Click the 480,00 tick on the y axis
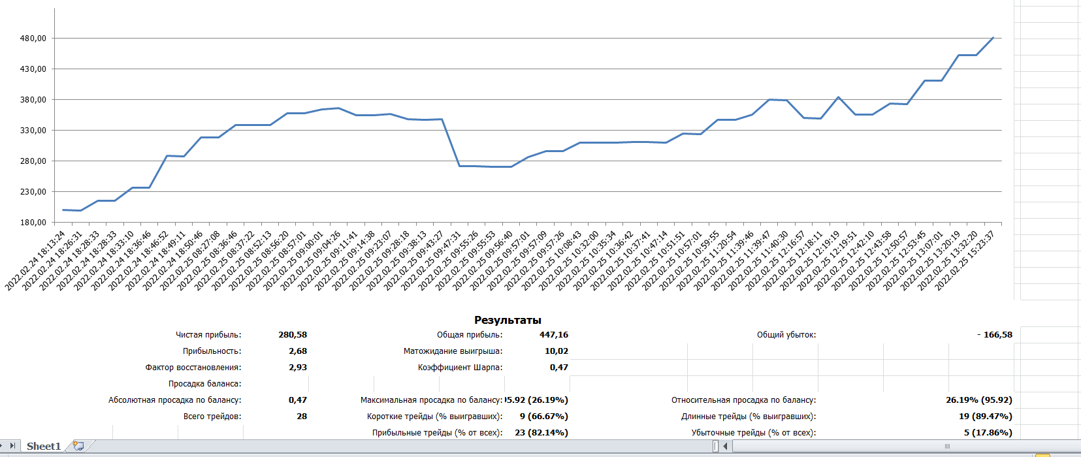pyautogui.click(x=33, y=39)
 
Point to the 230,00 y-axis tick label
pyautogui.click(x=33, y=192)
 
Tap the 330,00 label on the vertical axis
pyautogui.click(x=33, y=131)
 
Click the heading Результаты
pyautogui.click(x=508, y=320)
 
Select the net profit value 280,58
pyautogui.click(x=293, y=335)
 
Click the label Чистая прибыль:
pyautogui.click(x=208, y=335)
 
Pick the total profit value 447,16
pyautogui.click(x=554, y=335)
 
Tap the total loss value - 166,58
pyautogui.click(x=995, y=335)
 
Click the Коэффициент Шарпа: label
pyautogui.click(x=460, y=368)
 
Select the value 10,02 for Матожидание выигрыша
pyautogui.click(x=557, y=351)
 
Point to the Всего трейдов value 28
pyautogui.click(x=302, y=417)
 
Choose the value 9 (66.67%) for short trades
pyautogui.click(x=544, y=417)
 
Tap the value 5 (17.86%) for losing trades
pyautogui.click(x=988, y=433)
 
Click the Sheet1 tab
pyautogui.click(x=44, y=447)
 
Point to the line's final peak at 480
pyautogui.click(x=993, y=38)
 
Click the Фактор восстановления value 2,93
pyautogui.click(x=298, y=368)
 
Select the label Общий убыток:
pyautogui.click(x=786, y=335)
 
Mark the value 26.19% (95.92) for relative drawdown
pyautogui.click(x=979, y=400)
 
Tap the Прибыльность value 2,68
pyautogui.click(x=298, y=351)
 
